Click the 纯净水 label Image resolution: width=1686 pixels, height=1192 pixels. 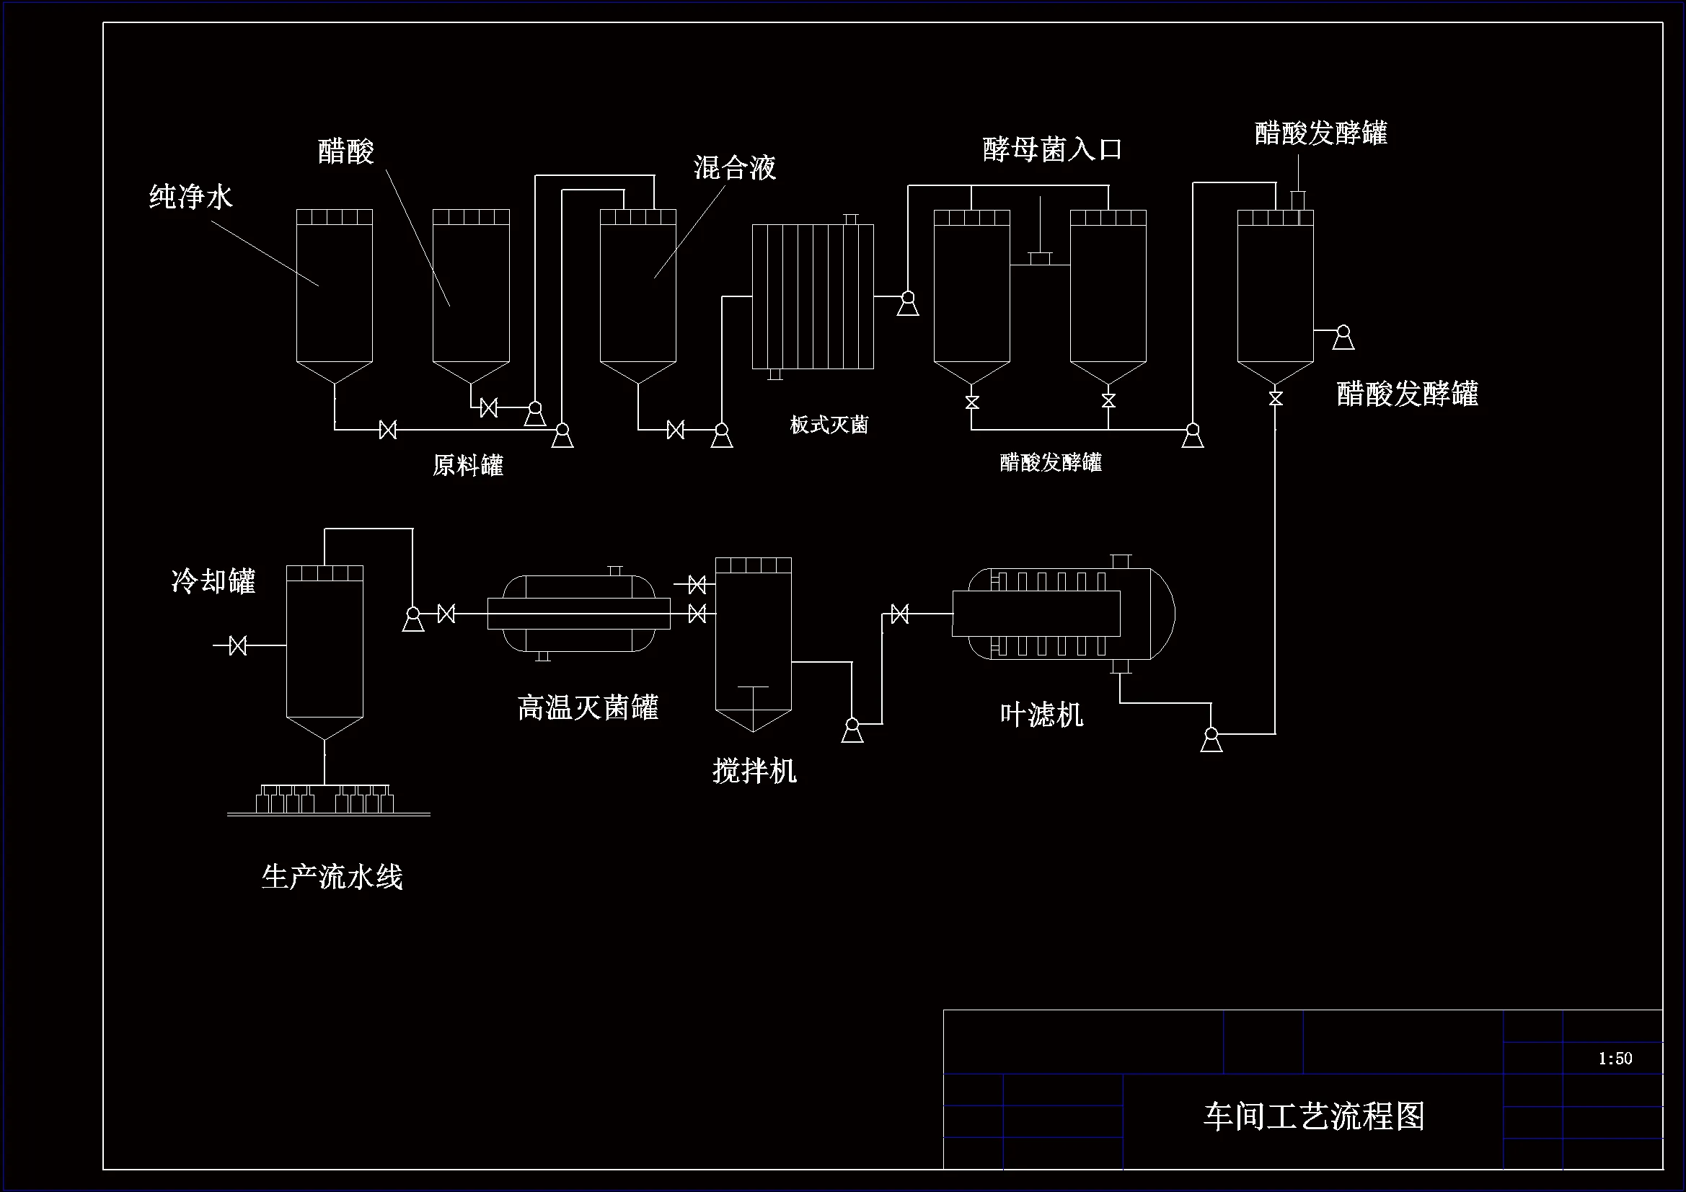coord(191,197)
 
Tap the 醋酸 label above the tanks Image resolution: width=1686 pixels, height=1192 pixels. coord(346,151)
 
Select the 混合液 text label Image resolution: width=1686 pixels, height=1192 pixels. coord(734,168)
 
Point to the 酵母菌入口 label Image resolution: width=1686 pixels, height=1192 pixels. coord(1052,149)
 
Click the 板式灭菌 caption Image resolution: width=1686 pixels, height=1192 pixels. coord(829,425)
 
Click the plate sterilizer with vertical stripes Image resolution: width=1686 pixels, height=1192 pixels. coord(813,296)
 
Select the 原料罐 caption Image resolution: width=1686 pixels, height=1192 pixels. coord(468,465)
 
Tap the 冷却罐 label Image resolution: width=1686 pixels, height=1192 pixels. coord(213,581)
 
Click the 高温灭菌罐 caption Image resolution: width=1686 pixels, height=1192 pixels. coord(588,707)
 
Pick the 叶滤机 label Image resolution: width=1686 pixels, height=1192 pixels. coord(1041,714)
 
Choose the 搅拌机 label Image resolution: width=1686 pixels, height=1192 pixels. coord(754,770)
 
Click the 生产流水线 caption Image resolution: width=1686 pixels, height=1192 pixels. coord(332,877)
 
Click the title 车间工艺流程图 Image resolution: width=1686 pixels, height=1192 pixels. coord(1313,1116)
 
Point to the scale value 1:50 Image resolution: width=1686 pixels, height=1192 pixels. coord(1615,1059)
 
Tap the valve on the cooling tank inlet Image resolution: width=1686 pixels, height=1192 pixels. coord(238,645)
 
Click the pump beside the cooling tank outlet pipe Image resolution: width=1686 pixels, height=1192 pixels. coord(412,619)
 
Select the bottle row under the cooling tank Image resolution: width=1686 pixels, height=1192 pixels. coord(325,800)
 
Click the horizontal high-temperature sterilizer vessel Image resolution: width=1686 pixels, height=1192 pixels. coord(578,614)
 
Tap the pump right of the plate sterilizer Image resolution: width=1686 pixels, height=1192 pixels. coord(908,303)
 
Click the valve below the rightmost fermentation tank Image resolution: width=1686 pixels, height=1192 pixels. coord(1276,398)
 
